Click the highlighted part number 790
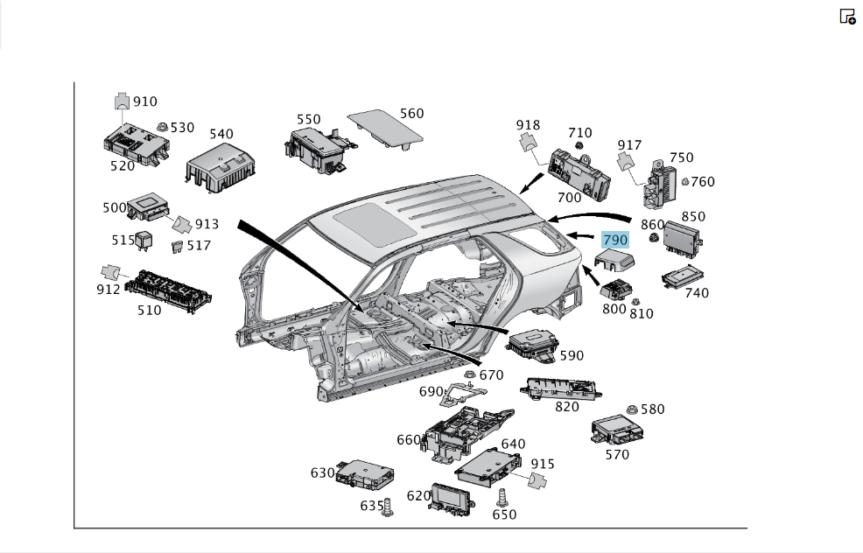point(614,240)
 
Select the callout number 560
point(411,114)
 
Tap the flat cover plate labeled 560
point(385,129)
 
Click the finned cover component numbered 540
point(221,168)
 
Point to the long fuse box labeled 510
point(168,291)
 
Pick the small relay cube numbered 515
point(144,241)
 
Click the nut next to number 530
point(163,127)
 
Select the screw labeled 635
point(388,507)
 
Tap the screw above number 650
point(502,497)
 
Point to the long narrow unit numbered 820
point(561,389)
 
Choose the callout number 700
point(569,197)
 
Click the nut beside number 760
point(685,182)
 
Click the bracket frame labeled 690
point(462,393)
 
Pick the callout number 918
point(528,125)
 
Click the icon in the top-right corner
point(847,17)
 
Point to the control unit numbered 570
point(617,430)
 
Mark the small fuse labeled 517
point(177,247)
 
